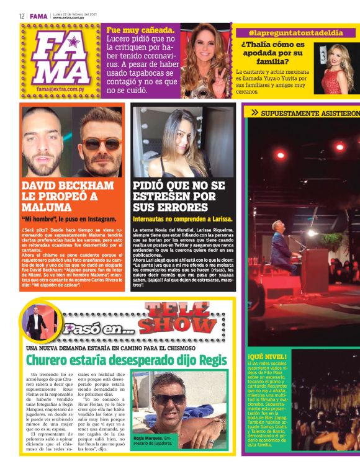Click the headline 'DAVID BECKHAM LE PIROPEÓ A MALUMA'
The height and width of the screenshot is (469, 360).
coord(68,196)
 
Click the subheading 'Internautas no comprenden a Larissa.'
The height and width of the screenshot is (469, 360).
coord(182,218)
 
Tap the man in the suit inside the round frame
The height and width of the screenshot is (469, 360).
coord(35,323)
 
